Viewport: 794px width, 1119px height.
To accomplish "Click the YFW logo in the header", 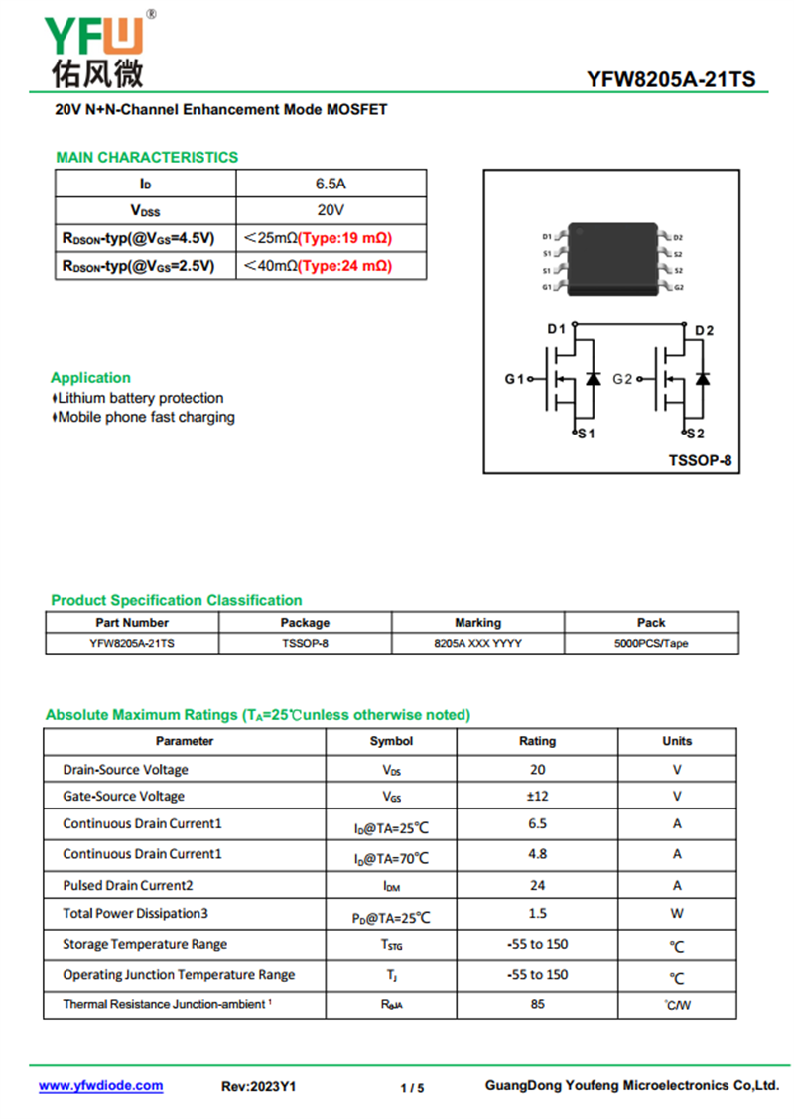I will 94,45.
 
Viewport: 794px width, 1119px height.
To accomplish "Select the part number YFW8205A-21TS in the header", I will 670,80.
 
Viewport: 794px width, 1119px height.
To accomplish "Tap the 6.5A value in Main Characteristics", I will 331,184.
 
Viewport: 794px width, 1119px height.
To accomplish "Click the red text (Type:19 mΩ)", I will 345,238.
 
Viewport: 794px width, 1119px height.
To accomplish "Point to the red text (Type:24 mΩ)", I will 345,266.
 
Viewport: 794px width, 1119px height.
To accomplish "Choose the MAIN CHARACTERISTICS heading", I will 147,157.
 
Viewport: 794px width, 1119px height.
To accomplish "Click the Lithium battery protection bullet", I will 140,398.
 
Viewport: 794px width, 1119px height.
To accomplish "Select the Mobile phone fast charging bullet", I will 146,418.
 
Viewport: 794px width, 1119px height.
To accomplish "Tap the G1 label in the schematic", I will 513,379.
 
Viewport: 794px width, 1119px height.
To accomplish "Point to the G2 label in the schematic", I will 623,379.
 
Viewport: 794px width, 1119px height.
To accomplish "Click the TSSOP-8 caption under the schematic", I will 699,460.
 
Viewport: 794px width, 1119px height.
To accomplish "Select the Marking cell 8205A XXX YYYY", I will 477,643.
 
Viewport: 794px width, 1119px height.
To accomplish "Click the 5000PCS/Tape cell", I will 651,643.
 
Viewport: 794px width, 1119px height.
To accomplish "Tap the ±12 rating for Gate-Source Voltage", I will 537,796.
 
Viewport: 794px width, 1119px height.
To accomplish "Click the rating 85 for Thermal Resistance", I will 537,1004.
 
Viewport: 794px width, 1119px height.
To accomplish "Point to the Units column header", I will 677,741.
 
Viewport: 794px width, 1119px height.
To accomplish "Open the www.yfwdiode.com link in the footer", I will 101,1086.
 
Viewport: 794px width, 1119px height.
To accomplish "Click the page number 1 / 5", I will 412,1088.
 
